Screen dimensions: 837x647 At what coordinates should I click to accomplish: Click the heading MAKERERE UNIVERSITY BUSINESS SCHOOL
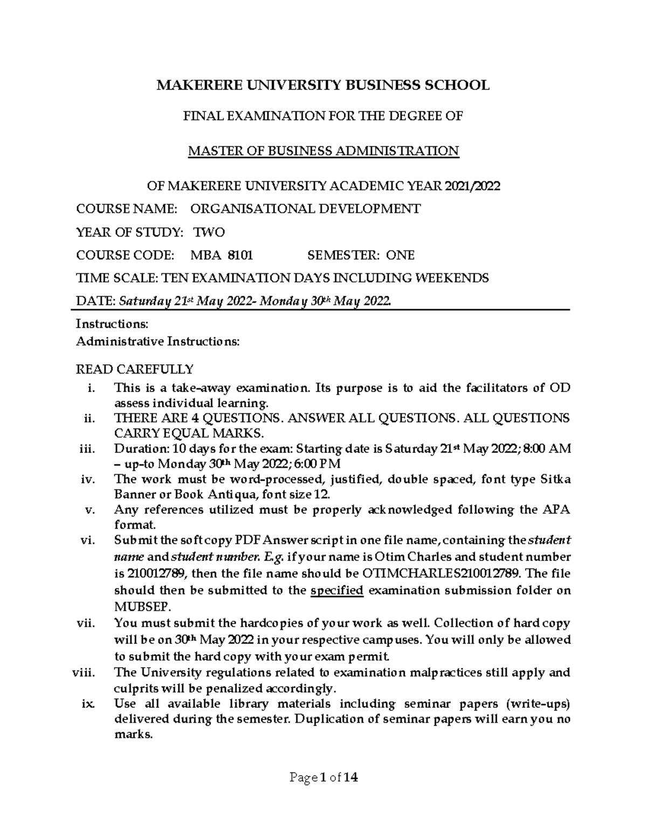tap(323, 85)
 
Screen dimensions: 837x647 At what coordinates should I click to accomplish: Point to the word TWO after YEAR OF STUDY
tap(209, 232)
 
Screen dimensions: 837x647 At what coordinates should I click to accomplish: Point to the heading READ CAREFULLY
tap(134, 370)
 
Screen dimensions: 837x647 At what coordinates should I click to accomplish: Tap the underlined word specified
tap(338, 590)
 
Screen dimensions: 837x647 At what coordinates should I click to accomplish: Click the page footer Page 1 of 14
tap(323, 778)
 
